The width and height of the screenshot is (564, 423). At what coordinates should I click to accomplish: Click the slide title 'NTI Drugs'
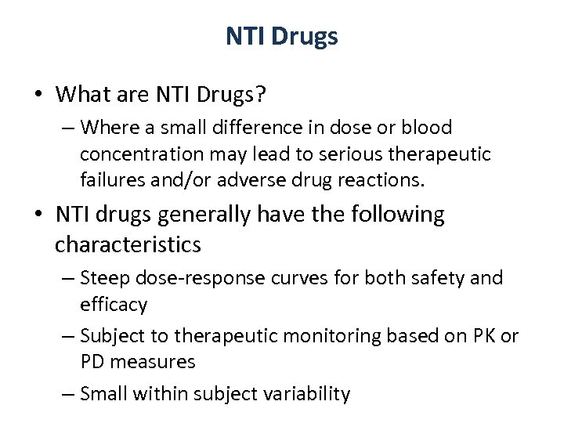click(x=282, y=37)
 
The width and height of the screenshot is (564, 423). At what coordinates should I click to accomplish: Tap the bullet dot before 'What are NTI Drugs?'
click(x=38, y=96)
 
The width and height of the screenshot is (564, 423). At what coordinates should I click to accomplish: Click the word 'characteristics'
click(x=128, y=244)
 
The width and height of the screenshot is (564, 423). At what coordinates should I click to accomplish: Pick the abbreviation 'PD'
click(x=93, y=363)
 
